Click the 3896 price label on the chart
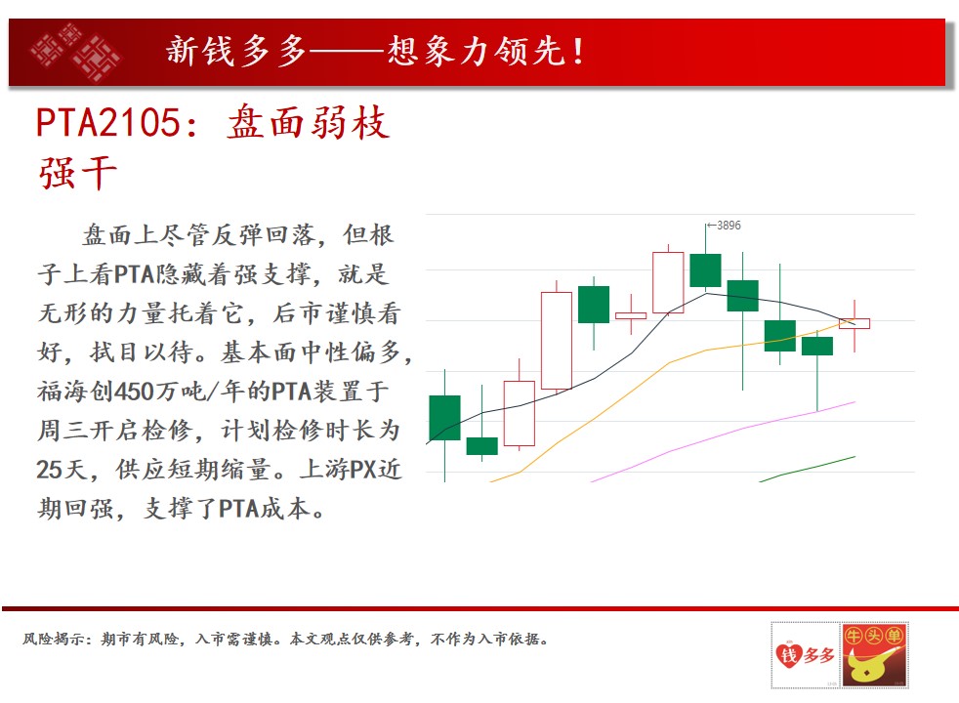[x=729, y=226]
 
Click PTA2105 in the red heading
[x=108, y=122]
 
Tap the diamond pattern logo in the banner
[x=75, y=52]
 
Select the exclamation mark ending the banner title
[x=577, y=52]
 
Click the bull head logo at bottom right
[x=874, y=655]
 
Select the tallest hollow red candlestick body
[x=557, y=341]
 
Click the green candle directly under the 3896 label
[x=705, y=270]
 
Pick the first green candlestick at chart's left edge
[x=444, y=418]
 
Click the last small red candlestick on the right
[x=855, y=323]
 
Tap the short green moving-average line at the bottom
[x=808, y=469]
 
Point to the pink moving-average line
[x=723, y=441]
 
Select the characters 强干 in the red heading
[x=77, y=174]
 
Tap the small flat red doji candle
[x=631, y=316]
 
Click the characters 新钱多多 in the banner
[x=235, y=52]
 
